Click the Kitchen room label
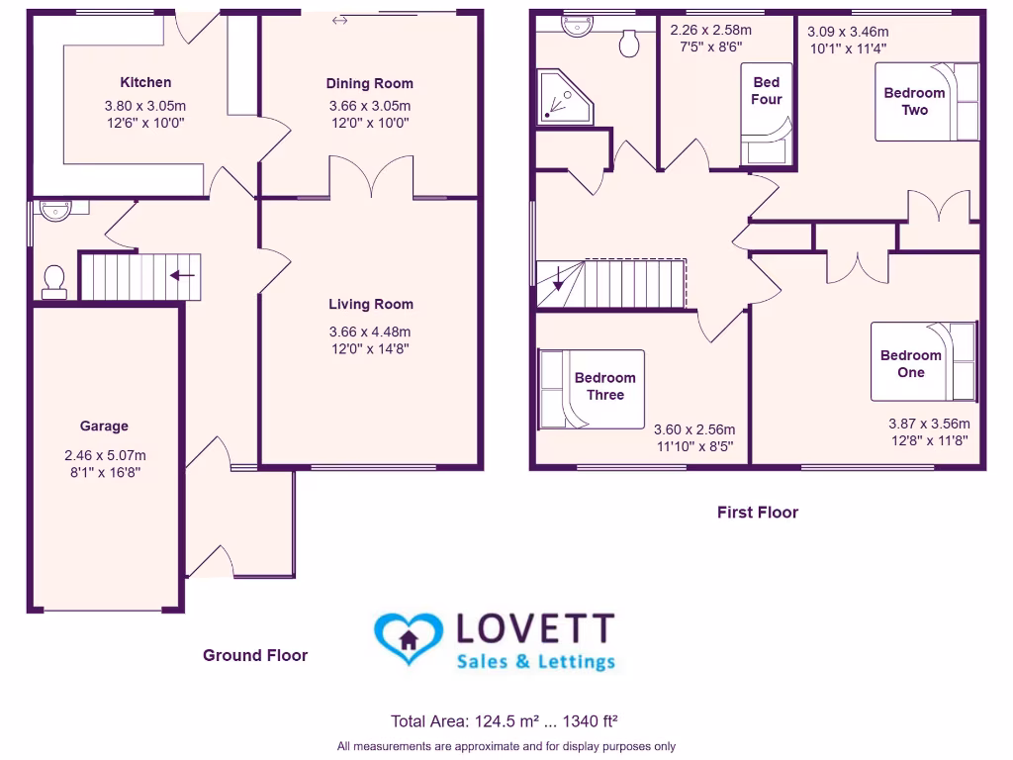145,83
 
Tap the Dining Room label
370,84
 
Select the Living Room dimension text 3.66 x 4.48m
370,332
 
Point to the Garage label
104,427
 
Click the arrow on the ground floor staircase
183,275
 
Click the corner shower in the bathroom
565,98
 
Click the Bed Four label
767,91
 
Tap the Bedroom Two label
914,102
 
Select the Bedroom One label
911,364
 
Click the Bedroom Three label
604,386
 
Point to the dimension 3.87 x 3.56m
929,424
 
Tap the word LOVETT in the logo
535,628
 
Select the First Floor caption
757,513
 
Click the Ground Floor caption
255,655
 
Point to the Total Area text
506,720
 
